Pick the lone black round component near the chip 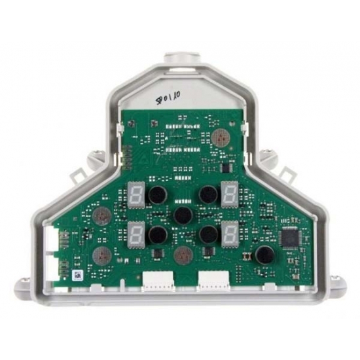(264, 255)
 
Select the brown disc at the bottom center (183, 254)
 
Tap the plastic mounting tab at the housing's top (180, 60)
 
